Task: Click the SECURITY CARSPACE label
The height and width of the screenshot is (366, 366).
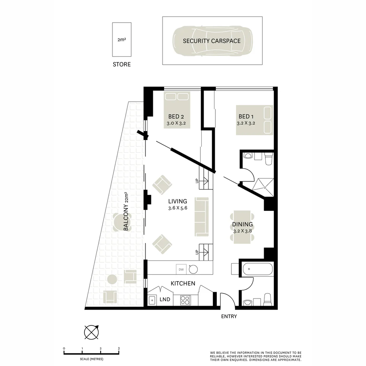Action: coord(212,41)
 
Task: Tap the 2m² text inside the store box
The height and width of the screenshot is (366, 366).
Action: coord(122,40)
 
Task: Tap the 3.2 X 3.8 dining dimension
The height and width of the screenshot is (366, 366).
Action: coord(243,231)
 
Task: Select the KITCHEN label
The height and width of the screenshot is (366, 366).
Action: coord(183,283)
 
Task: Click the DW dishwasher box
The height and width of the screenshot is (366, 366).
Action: coord(181,269)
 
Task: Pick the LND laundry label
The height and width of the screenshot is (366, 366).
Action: coord(165,300)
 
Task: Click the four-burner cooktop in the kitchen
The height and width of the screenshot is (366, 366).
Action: coord(185,300)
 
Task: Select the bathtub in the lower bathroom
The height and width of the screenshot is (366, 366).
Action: coord(258,270)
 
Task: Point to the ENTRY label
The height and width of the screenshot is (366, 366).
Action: coord(229,317)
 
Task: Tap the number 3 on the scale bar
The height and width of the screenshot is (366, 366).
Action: coord(119,348)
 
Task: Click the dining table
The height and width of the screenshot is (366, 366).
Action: coord(242,227)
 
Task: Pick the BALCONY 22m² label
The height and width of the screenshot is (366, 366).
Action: coord(126,211)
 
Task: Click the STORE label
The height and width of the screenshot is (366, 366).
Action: coord(122,64)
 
